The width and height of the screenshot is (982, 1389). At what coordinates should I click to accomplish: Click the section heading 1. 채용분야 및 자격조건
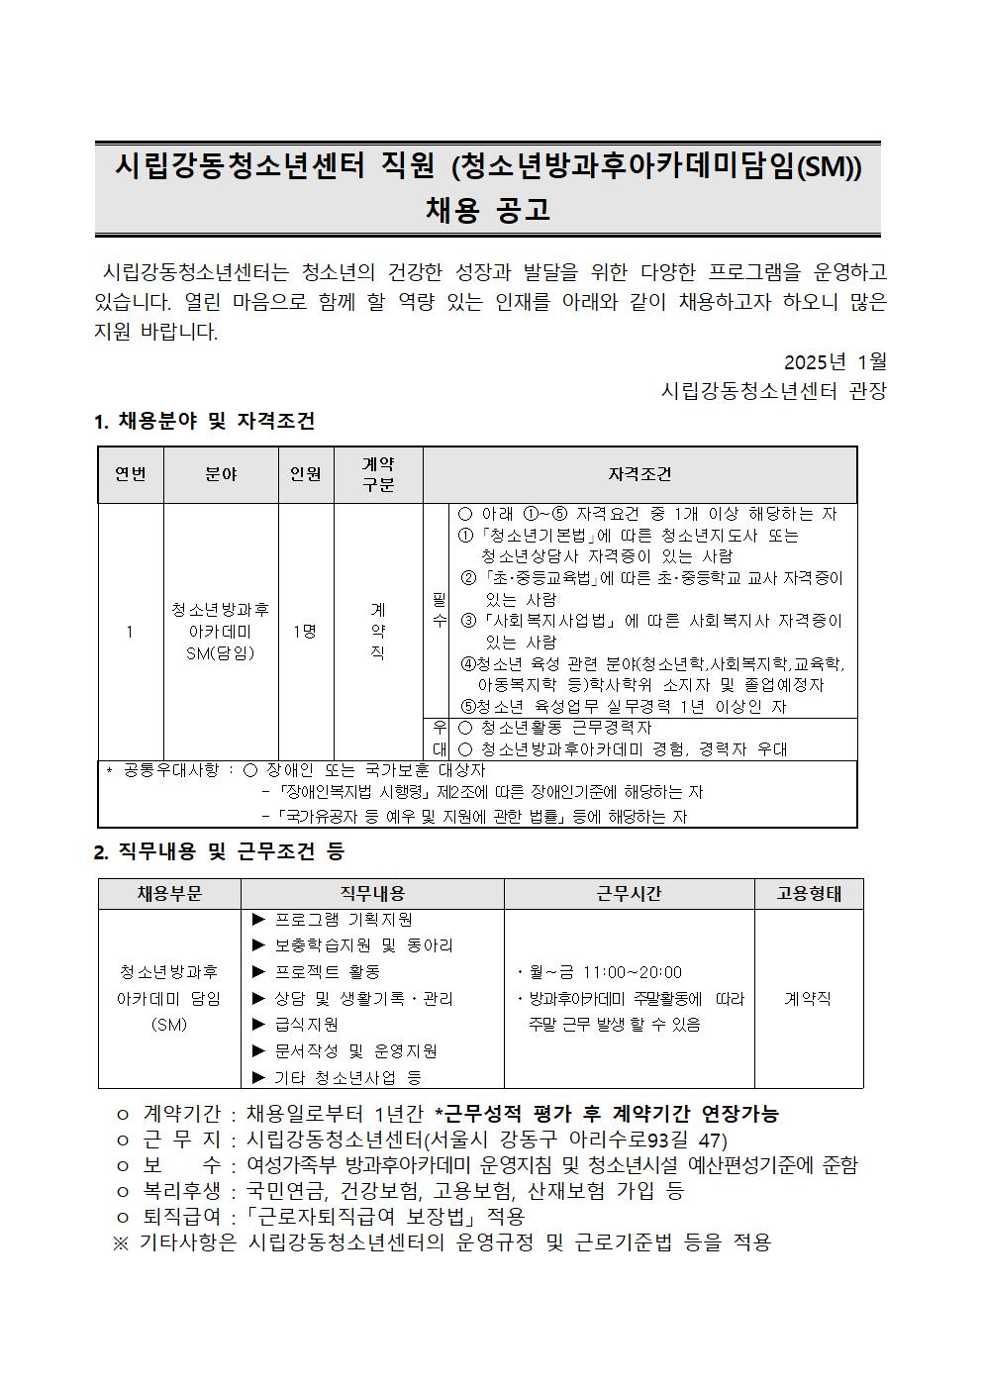[204, 422]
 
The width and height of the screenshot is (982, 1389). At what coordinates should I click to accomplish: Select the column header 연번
[131, 474]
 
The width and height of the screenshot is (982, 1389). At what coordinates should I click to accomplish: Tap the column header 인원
[305, 474]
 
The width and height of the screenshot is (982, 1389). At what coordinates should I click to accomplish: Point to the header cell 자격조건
[639, 474]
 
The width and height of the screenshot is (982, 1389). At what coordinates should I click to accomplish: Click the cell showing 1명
[305, 632]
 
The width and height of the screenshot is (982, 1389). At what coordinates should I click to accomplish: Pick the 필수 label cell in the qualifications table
[439, 610]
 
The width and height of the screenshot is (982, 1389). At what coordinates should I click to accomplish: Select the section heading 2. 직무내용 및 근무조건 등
[219, 852]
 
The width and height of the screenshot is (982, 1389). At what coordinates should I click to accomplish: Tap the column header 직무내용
[372, 894]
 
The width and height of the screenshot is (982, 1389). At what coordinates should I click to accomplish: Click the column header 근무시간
[629, 894]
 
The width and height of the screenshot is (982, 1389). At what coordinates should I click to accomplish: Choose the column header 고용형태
[809, 894]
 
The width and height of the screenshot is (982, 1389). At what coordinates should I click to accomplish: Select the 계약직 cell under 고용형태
[808, 999]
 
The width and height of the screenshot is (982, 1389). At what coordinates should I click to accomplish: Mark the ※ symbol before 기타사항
[121, 1242]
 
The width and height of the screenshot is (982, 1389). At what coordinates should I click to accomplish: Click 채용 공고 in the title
[487, 211]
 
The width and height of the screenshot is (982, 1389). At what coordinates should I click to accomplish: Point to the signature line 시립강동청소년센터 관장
[773, 391]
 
